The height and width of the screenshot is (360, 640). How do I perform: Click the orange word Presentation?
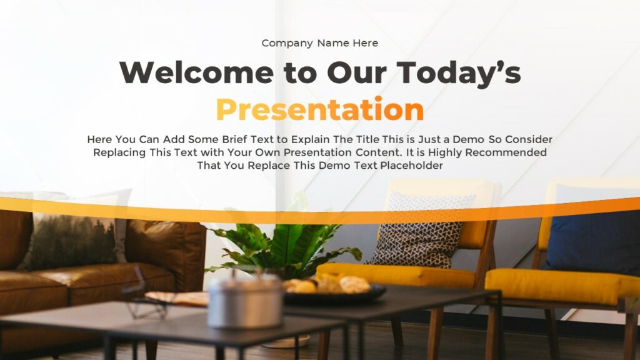pyautogui.click(x=319, y=110)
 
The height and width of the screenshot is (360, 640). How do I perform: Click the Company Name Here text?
pyautogui.click(x=319, y=43)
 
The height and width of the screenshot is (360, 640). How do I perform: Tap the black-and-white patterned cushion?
pyautogui.click(x=420, y=230)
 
